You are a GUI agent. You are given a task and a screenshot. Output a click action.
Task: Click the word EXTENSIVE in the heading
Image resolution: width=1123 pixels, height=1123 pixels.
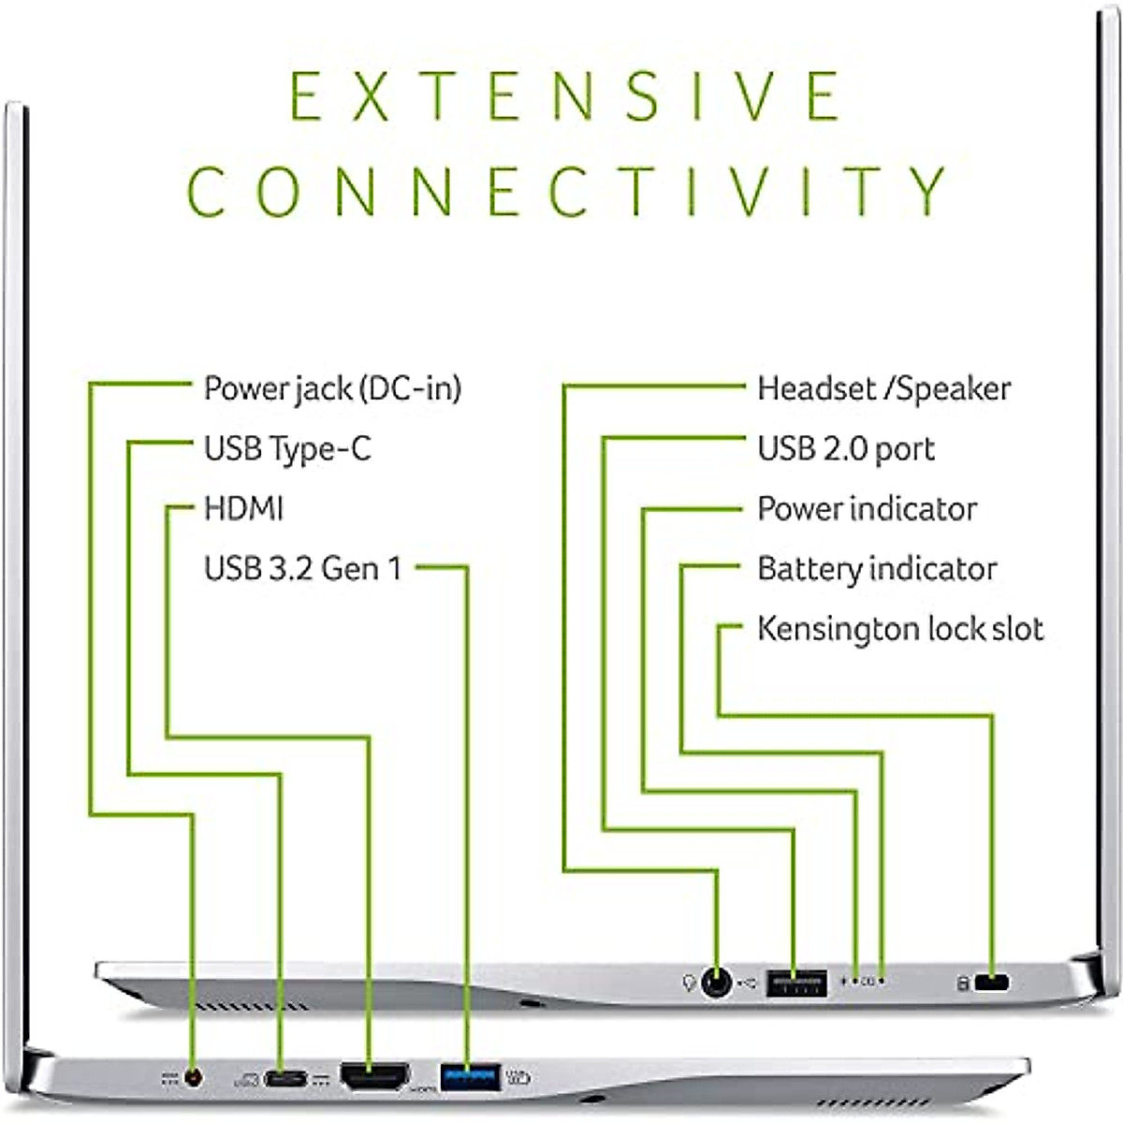pos(565,95)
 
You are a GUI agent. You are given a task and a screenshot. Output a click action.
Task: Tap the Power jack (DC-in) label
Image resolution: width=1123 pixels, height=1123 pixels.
pos(332,388)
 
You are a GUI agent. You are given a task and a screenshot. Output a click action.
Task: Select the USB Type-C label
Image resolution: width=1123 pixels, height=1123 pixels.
pos(287,448)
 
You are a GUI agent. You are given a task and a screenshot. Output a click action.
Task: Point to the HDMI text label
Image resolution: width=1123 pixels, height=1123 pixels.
pos(243,508)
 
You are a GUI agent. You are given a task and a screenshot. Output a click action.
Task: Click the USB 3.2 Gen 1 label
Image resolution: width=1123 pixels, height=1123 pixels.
pos(302,568)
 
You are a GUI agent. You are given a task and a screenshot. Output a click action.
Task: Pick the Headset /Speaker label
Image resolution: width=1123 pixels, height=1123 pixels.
pos(883,388)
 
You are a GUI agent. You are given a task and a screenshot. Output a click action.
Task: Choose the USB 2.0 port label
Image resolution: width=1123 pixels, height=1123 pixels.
pos(846,448)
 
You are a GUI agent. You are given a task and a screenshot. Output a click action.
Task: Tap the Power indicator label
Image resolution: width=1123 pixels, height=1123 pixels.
pos(867,508)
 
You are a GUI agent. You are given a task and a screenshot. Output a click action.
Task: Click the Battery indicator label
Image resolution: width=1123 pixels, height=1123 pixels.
pos(877,568)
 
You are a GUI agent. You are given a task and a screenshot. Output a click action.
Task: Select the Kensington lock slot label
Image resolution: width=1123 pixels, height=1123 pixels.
pos(899,628)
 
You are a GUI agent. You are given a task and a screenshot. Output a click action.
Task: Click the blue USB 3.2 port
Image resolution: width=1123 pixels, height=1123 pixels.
pos(470,1075)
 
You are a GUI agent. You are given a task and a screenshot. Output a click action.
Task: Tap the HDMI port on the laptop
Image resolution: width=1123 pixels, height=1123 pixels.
pos(373,1076)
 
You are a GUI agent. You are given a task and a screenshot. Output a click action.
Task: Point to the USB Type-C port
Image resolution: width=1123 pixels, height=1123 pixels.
pos(284,1079)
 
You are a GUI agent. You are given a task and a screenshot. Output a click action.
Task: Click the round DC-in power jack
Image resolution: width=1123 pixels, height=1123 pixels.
pos(194,1078)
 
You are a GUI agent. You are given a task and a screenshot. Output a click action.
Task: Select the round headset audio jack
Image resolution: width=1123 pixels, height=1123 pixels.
pos(717,983)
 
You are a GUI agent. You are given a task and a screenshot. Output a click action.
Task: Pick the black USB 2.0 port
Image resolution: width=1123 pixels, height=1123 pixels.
pos(796,983)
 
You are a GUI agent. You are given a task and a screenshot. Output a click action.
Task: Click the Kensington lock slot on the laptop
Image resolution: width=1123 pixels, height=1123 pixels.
pos(992,983)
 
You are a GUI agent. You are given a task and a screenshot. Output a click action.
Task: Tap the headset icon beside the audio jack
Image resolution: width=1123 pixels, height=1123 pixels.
pos(689,983)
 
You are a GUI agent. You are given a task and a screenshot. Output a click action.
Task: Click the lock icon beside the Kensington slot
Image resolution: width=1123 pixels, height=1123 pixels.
pos(962,984)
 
